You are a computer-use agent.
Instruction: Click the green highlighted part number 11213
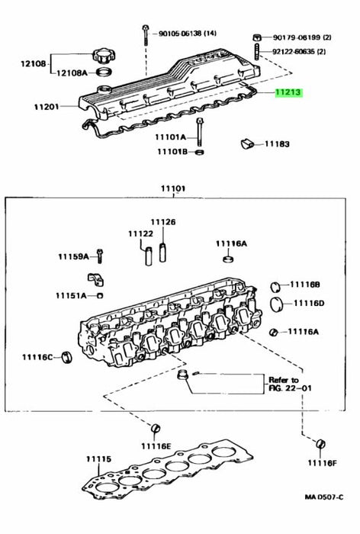288,92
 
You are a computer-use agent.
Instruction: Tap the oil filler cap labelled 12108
104,56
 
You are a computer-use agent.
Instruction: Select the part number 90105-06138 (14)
188,34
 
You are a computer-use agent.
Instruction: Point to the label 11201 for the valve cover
47,107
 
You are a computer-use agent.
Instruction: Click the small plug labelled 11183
248,143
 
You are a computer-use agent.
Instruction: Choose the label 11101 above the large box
173,188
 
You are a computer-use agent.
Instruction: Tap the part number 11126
163,222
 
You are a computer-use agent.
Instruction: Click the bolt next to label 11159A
99,256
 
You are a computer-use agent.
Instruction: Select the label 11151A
71,295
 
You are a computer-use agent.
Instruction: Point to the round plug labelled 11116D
277,304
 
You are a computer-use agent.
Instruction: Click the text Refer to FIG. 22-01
290,384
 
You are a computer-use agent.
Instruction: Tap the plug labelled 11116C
67,356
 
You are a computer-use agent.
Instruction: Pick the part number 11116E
156,446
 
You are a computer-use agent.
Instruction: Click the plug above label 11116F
320,444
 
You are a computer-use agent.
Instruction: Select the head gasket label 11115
98,459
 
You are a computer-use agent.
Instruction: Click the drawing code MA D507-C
324,497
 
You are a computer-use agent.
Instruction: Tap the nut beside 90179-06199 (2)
258,37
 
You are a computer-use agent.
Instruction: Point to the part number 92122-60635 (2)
299,52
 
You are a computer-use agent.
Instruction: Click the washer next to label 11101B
200,151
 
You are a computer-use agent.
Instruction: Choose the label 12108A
72,73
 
